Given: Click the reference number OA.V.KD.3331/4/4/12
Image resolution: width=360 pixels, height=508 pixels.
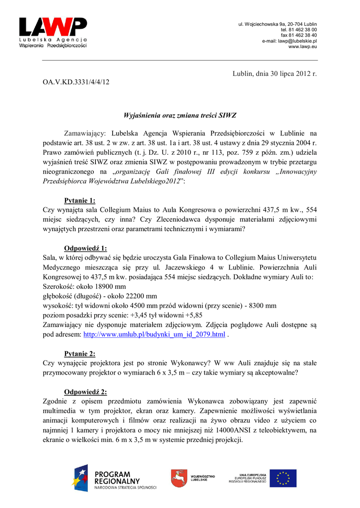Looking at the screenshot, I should (75, 81).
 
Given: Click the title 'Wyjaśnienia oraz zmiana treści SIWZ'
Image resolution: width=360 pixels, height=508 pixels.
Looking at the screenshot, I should (180, 116).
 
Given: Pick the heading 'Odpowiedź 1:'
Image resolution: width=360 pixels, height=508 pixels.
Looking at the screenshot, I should (85, 248).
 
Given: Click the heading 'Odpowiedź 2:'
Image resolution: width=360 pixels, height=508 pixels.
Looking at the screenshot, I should (85, 391).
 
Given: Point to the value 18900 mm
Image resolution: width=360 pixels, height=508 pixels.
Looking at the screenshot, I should (108, 287).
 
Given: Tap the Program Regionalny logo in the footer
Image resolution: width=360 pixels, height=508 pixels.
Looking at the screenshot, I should (114, 479).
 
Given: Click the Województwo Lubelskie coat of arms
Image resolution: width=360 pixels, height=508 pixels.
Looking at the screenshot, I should (179, 479).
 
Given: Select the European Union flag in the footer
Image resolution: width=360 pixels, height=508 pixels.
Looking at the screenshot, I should (283, 478).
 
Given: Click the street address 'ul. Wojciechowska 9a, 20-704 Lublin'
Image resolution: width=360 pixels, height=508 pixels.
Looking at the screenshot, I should (278, 24).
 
